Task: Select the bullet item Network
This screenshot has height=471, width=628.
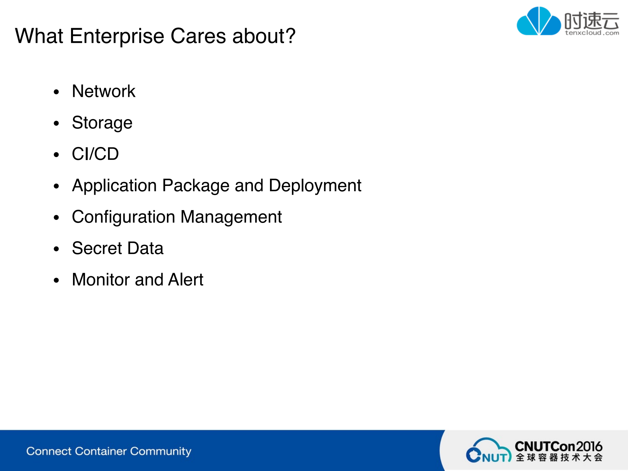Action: (103, 91)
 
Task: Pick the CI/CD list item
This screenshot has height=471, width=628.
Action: (95, 154)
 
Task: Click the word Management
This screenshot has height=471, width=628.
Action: (231, 217)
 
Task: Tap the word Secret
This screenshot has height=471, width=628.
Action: (97, 248)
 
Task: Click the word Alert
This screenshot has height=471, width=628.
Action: (186, 280)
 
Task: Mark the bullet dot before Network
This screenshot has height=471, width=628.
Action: (57, 92)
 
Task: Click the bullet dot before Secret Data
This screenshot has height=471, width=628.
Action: (57, 249)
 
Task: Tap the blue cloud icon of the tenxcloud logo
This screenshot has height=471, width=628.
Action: (539, 21)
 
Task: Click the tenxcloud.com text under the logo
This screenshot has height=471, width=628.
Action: (592, 33)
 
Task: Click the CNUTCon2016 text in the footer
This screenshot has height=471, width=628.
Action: (559, 446)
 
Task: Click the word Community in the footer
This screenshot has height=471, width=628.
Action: (161, 452)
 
